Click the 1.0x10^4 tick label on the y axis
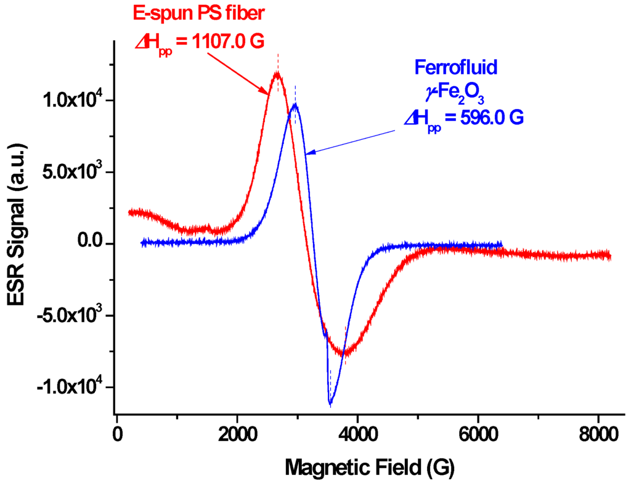tap(70, 100)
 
